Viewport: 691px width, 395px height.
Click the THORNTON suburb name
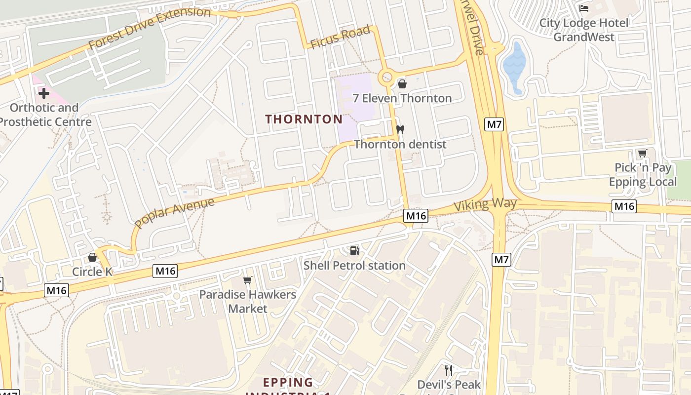[x=304, y=119]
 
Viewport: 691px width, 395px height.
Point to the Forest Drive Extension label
[x=150, y=28]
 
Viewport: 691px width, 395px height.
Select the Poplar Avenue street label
[x=174, y=213]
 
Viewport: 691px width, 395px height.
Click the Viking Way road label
[x=485, y=204]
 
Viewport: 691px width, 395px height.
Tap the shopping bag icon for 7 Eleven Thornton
[x=402, y=84]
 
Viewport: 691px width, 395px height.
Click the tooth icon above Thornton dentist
[x=400, y=130]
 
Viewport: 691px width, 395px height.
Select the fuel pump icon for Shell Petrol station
[x=354, y=251]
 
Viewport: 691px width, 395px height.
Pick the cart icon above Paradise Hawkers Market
[x=248, y=280]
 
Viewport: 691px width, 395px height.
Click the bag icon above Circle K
[x=92, y=257]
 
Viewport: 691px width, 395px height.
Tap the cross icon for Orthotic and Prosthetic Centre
[x=44, y=93]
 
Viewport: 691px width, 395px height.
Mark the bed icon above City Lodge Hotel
[x=584, y=8]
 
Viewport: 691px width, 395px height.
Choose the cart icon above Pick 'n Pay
[x=642, y=154]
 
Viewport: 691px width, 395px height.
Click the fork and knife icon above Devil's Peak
[x=449, y=370]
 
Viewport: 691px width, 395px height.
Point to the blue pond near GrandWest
[x=514, y=67]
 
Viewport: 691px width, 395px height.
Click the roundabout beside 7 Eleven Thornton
[x=386, y=78]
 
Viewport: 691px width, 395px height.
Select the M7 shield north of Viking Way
[x=495, y=124]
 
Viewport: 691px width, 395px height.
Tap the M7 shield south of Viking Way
[x=501, y=259]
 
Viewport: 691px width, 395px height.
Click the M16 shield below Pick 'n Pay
[x=624, y=206]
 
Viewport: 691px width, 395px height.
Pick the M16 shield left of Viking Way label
[x=416, y=215]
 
